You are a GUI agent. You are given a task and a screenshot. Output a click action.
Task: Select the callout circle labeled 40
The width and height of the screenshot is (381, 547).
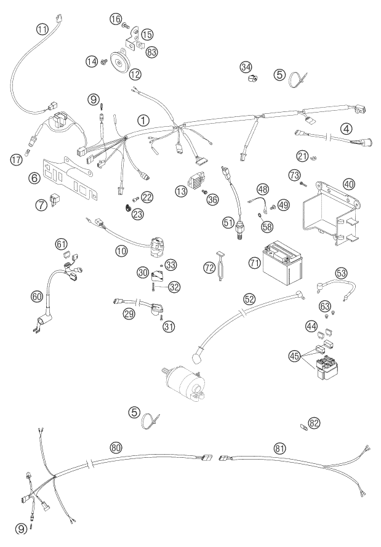[x=349, y=185]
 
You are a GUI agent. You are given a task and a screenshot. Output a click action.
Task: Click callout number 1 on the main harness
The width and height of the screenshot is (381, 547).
[x=143, y=121]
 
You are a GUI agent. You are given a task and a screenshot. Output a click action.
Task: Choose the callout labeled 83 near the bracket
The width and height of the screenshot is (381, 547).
[x=152, y=53]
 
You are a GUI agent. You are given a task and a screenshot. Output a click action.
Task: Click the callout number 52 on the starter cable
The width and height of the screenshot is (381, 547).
[x=249, y=298]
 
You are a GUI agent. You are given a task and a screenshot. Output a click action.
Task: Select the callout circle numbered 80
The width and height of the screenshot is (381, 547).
[x=116, y=448]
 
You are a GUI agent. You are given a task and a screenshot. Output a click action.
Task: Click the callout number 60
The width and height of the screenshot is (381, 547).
[x=38, y=297]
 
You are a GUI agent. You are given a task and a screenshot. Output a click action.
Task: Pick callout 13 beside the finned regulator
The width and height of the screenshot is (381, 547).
[x=180, y=191]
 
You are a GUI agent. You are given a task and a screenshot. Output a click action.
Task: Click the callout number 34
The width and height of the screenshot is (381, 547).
[x=247, y=66]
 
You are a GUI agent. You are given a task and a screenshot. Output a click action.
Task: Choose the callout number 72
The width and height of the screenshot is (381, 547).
[x=210, y=267]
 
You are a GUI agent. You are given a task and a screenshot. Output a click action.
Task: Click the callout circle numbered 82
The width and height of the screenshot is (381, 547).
[x=315, y=423]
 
